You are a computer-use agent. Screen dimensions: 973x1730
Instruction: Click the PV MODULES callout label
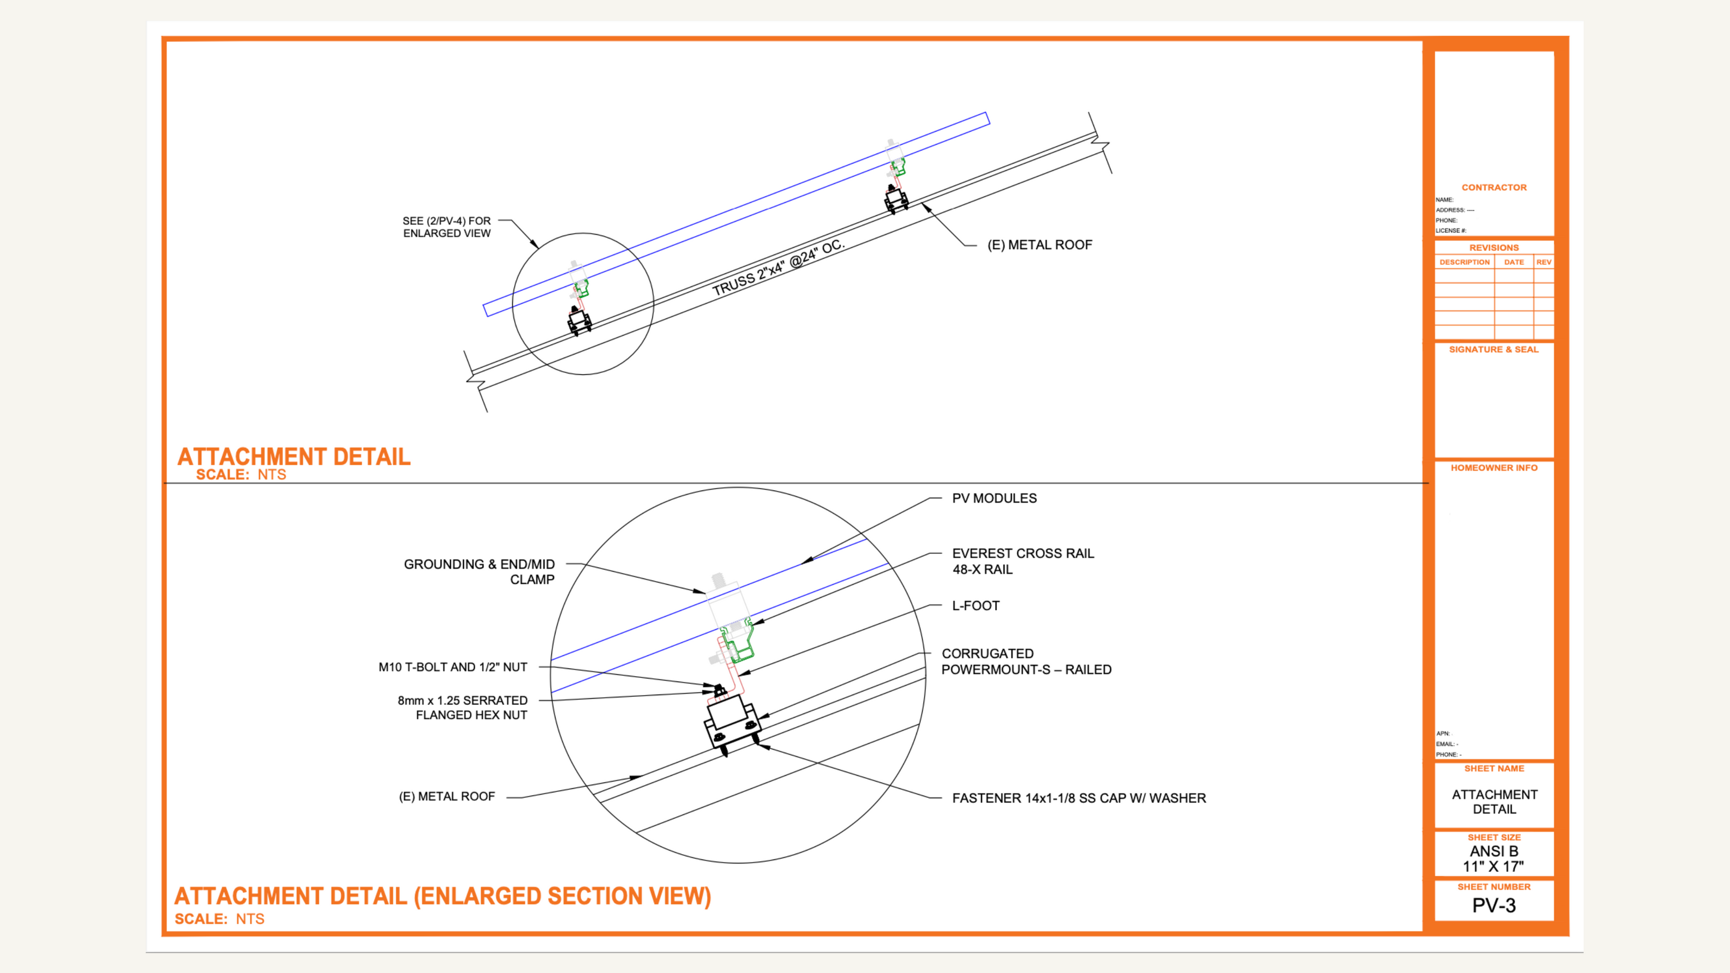pos(994,498)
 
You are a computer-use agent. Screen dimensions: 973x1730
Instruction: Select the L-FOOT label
pos(975,605)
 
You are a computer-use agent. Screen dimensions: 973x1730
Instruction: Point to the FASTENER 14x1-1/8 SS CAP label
pos(1079,798)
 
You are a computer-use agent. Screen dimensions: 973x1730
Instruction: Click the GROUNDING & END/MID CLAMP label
pos(479,571)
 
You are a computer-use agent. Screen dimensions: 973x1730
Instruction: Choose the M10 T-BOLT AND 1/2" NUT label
pos(453,667)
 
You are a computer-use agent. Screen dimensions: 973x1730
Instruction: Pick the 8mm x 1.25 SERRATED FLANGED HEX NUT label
pos(462,708)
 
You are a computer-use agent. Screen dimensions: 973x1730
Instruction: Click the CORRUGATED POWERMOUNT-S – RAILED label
pos(1026,662)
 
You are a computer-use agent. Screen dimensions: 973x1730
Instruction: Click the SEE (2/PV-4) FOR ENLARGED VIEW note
pos(447,227)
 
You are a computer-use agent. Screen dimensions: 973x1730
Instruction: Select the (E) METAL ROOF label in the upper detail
pos(1039,245)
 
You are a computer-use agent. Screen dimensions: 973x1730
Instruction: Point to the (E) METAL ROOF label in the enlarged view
pos(447,796)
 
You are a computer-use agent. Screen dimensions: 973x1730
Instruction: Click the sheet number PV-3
pos(1494,905)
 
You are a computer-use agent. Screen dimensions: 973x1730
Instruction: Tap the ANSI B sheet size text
pos(1494,851)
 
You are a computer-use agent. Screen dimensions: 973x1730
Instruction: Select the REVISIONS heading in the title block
pos(1494,248)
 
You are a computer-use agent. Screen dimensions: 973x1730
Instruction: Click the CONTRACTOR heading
pos(1494,188)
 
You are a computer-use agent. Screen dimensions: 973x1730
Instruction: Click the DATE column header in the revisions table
pos(1514,262)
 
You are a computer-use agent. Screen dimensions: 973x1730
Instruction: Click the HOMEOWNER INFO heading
pos(1494,468)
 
